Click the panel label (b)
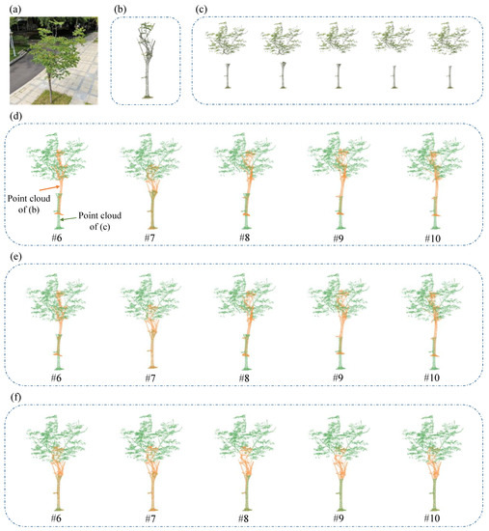pyautogui.click(x=121, y=9)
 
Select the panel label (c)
pyautogui.click(x=201, y=9)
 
